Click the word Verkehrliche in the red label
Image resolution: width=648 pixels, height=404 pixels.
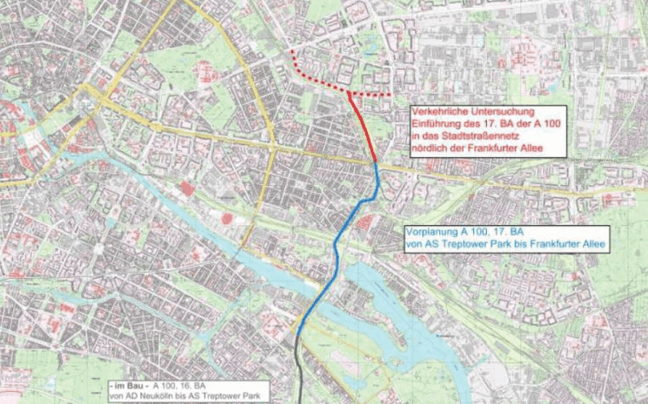(x=440, y=113)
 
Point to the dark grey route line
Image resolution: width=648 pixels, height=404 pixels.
(x=299, y=374)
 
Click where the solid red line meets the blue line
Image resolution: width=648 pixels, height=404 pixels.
(x=376, y=163)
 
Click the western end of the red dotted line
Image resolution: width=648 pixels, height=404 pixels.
(x=291, y=50)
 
